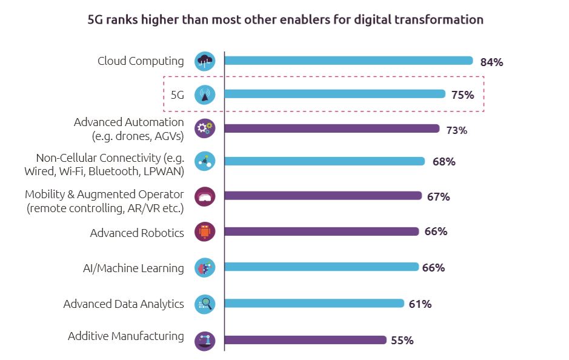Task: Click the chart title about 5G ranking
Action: click(x=285, y=20)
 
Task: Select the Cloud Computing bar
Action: click(x=348, y=61)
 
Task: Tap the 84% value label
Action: click(x=491, y=62)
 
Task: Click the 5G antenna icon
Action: click(x=205, y=95)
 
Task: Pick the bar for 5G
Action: click(x=334, y=94)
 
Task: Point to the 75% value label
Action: click(x=462, y=95)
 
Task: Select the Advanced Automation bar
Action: click(x=331, y=128)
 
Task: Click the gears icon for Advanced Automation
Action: click(x=205, y=128)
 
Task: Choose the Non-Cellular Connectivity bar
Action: click(x=324, y=161)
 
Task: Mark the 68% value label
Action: click(x=444, y=162)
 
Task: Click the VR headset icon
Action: click(x=205, y=196)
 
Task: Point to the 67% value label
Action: click(x=438, y=197)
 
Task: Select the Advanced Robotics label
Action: click(x=137, y=233)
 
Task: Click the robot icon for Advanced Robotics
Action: click(x=205, y=232)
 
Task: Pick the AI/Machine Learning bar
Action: click(x=321, y=267)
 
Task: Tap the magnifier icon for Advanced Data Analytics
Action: click(x=205, y=304)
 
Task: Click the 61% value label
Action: click(x=420, y=304)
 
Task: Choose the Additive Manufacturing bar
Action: click(x=305, y=340)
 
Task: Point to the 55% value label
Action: click(x=402, y=341)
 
